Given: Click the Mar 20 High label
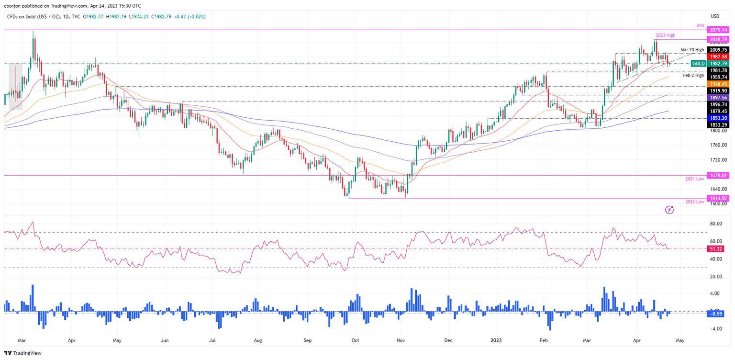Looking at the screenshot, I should click(x=692, y=49).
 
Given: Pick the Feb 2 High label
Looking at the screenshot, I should click(x=693, y=75).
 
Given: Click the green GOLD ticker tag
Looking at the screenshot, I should click(x=698, y=63).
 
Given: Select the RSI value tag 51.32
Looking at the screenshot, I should click(x=717, y=249).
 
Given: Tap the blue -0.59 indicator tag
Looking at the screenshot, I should click(x=717, y=314).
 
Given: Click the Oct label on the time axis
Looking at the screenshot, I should click(x=355, y=340).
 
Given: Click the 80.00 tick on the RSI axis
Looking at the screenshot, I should click(x=716, y=224).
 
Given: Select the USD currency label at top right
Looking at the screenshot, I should click(x=716, y=16).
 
